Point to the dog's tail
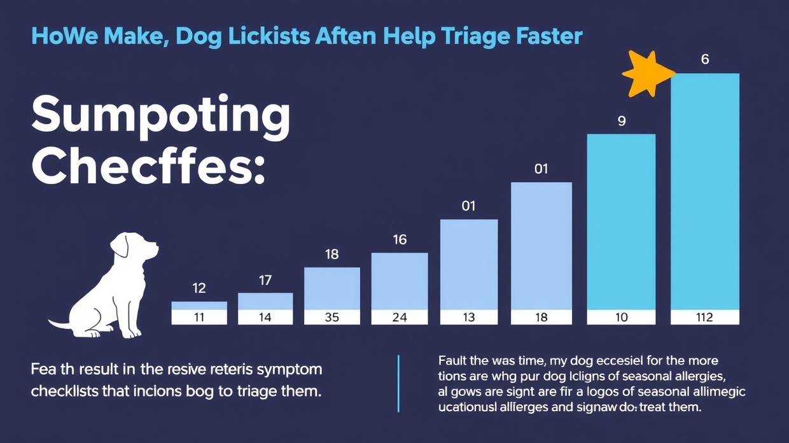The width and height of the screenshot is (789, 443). pos(60,325)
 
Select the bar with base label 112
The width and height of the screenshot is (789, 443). pos(705,191)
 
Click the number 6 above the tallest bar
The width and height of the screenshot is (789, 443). pos(705,60)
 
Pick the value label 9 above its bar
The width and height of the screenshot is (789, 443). pos(622,120)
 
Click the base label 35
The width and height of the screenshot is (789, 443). pos(332,317)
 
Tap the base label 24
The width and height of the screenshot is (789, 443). pos(400,317)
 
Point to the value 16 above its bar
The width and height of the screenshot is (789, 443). pos(400,240)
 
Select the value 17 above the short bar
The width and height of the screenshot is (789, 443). pos(265,280)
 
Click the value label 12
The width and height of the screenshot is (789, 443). pos(199,288)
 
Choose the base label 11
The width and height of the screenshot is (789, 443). pos(199,317)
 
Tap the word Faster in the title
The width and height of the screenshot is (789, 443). pos(547,36)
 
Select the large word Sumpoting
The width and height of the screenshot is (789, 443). pos(160,115)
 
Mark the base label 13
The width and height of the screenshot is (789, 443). pos(469,317)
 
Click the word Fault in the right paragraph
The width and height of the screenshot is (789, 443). pos(454,361)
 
